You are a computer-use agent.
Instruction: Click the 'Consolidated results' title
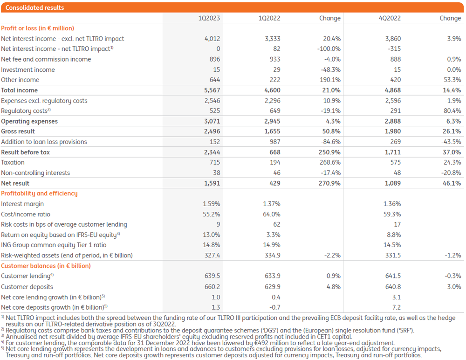pos(34,8)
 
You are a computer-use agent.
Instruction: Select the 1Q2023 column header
pos(209,18)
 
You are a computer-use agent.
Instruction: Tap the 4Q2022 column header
pos(390,18)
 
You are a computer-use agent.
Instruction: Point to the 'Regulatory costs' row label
pos(25,111)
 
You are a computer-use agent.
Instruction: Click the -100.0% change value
pos(329,49)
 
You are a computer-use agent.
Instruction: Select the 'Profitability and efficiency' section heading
pos(39,194)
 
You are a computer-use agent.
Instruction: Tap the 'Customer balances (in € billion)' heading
pos(46,266)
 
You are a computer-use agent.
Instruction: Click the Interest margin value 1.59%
pos(212,204)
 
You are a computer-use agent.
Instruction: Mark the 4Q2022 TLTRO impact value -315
pos(394,49)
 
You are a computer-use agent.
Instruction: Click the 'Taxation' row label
pos(13,162)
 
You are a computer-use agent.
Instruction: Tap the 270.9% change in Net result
pos(329,183)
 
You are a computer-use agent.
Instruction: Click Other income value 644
pos(214,80)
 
